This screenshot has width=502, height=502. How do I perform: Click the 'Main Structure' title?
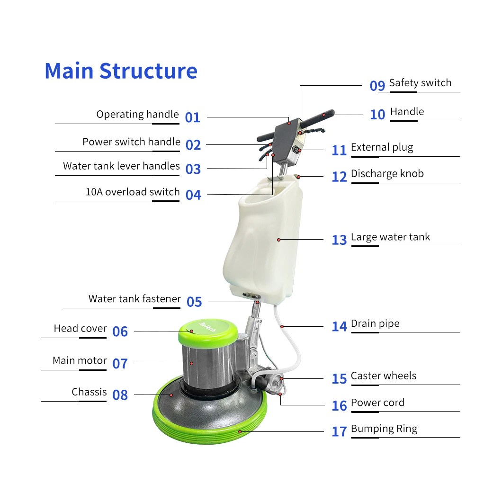click(x=121, y=71)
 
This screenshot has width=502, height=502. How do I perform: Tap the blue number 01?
click(x=193, y=117)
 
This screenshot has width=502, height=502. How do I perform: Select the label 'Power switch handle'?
click(x=131, y=142)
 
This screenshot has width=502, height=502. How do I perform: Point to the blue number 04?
click(x=193, y=195)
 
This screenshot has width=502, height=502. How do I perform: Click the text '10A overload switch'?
click(x=133, y=192)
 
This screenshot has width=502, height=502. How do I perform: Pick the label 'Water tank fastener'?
click(x=135, y=299)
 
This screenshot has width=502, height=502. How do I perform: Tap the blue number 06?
click(x=120, y=332)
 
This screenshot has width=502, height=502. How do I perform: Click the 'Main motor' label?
click(x=80, y=360)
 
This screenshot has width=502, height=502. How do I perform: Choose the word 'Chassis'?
click(x=89, y=392)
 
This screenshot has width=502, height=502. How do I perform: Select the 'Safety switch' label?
click(x=420, y=83)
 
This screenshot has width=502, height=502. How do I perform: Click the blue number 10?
click(x=377, y=115)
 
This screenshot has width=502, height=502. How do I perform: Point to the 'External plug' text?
click(x=382, y=148)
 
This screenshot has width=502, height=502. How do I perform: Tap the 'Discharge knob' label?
click(x=387, y=174)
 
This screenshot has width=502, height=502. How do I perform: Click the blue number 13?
click(x=340, y=240)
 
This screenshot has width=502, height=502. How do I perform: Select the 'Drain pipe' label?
click(x=375, y=323)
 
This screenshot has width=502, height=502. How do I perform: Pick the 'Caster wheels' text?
click(x=384, y=376)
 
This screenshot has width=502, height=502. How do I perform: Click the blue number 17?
click(x=340, y=431)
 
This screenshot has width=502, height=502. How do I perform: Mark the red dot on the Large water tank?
click(x=278, y=240)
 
